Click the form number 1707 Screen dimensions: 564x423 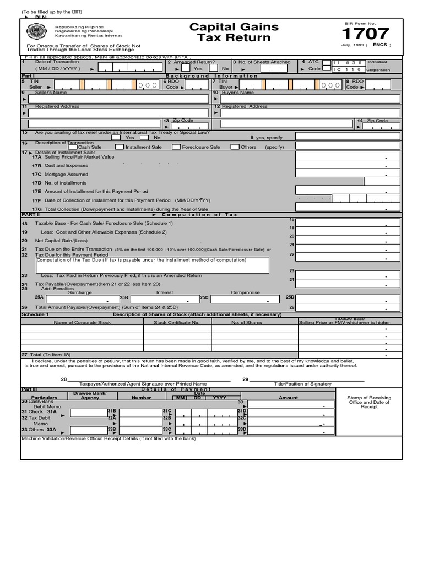click(x=366, y=34)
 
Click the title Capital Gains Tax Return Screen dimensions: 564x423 click(x=234, y=32)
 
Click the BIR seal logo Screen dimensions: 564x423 click(x=31, y=31)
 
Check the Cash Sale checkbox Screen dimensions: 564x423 click(x=73, y=147)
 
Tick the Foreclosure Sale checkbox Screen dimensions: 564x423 click(x=176, y=147)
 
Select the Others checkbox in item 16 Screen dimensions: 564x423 click(x=235, y=147)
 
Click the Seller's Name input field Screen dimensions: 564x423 click(x=116, y=99)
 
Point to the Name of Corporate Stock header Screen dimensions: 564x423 click(x=82, y=322)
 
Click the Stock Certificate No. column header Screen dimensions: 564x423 click(x=176, y=322)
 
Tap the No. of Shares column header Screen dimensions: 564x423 click(x=246, y=322)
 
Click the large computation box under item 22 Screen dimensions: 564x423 click(x=152, y=265)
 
